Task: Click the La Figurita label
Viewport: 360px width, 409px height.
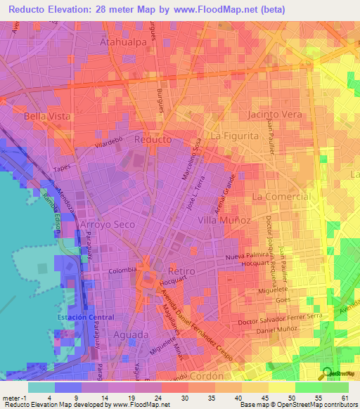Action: point(236,135)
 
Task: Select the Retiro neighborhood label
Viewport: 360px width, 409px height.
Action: point(181,271)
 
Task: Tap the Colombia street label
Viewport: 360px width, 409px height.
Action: point(120,269)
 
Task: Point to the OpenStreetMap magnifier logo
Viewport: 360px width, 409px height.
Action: point(328,373)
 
